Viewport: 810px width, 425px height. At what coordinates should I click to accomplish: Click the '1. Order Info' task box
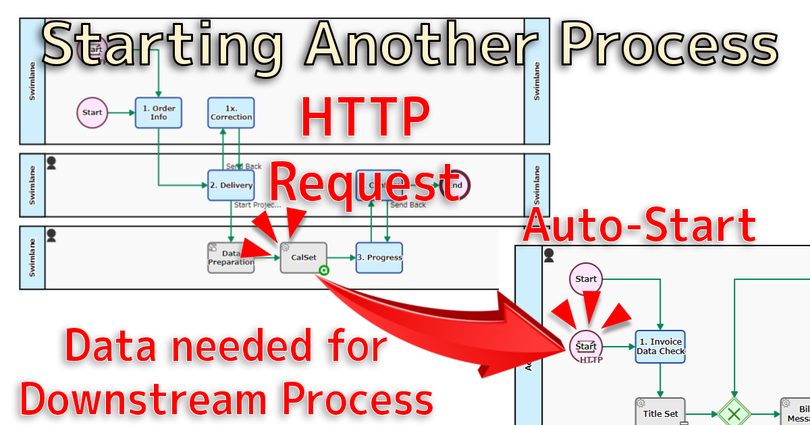pyautogui.click(x=159, y=113)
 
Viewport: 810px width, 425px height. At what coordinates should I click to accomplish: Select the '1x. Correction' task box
pyautogui.click(x=231, y=113)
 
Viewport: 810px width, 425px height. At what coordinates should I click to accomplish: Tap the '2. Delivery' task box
pyautogui.click(x=231, y=186)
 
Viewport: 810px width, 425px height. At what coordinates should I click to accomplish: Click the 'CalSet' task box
pyautogui.click(x=304, y=258)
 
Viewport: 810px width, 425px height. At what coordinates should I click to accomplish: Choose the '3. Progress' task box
pyautogui.click(x=379, y=258)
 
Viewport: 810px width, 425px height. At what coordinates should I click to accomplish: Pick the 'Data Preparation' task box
pyautogui.click(x=231, y=258)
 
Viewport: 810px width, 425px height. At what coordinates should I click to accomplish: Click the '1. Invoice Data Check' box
pyautogui.click(x=660, y=347)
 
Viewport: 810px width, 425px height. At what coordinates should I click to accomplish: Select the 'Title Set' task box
pyautogui.click(x=660, y=414)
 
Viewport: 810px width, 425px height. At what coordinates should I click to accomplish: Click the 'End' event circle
pyautogui.click(x=455, y=185)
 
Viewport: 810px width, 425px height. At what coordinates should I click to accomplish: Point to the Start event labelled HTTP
pyautogui.click(x=585, y=347)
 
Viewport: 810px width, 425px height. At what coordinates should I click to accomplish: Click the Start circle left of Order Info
pyautogui.click(x=92, y=113)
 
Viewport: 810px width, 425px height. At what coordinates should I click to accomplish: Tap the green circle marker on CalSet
pyautogui.click(x=324, y=271)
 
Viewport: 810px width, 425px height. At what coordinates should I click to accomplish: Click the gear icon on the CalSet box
pyautogui.click(x=286, y=248)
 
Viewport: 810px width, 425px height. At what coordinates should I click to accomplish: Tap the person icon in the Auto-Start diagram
pyautogui.click(x=549, y=255)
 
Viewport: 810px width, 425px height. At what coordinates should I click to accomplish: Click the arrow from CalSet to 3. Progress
pyautogui.click(x=342, y=258)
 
